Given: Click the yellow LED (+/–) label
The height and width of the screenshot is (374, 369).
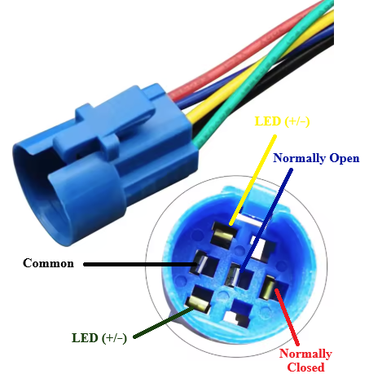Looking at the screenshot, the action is click(282, 121).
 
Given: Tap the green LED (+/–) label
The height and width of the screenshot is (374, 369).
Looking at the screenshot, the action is click(99, 338).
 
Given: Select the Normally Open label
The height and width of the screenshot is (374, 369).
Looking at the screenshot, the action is click(316, 158).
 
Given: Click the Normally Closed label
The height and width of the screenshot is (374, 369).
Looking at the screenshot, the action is click(305, 360).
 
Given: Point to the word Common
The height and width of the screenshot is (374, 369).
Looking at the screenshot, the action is click(48, 263).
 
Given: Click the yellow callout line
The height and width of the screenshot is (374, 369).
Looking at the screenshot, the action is click(253, 180).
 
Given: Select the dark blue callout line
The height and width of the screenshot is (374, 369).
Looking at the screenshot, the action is click(266, 219).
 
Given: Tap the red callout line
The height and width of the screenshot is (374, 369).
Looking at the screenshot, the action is click(287, 317).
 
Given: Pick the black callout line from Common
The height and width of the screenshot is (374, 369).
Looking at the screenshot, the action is click(140, 264).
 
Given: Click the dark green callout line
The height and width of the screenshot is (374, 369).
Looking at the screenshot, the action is click(164, 323).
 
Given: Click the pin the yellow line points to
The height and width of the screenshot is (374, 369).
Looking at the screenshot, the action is click(224, 235).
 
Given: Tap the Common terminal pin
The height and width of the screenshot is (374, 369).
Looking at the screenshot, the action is click(200, 263).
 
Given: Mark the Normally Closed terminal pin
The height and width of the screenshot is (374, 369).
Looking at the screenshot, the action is click(268, 288).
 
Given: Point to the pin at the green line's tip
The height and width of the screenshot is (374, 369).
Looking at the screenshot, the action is click(200, 303).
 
